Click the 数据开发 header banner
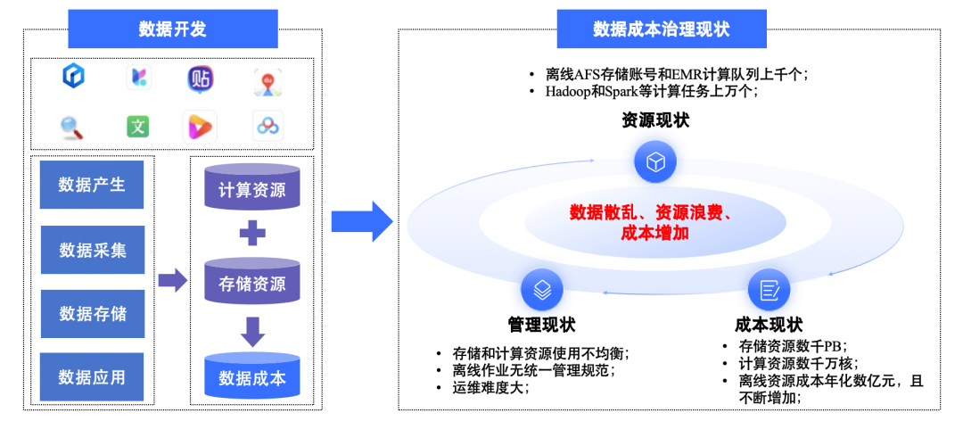173,29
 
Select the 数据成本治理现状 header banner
661,29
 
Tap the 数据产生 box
92,186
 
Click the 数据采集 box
92,250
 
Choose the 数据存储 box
92,314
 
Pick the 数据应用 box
92,377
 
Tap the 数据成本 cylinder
252,378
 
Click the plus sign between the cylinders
253,235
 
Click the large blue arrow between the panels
362,221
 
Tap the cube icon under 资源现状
655,163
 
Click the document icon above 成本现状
769,291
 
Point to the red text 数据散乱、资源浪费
652,213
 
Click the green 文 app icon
138,127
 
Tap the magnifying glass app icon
72,127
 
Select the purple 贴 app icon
201,78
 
